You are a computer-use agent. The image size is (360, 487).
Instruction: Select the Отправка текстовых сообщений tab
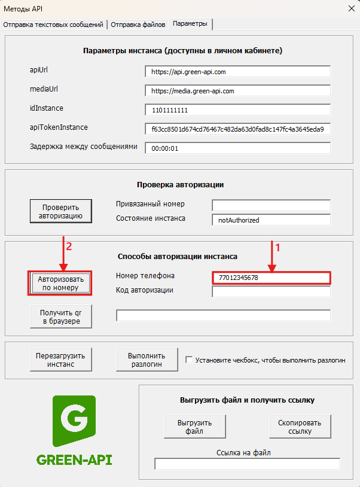tap(54, 24)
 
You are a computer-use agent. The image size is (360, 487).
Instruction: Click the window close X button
tap(350, 9)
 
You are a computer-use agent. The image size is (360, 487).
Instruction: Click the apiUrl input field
tap(237, 72)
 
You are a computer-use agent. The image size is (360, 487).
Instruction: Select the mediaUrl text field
tap(237, 91)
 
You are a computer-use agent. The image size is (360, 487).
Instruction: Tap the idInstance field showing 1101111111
tap(237, 110)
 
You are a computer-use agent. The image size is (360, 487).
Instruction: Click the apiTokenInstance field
tap(237, 129)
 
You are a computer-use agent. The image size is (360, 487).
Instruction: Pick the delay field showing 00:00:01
tap(237, 148)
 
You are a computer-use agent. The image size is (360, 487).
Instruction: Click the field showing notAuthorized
tap(271, 220)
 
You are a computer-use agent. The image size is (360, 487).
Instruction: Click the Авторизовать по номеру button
tap(61, 283)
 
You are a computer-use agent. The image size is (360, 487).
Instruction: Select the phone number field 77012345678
tap(271, 278)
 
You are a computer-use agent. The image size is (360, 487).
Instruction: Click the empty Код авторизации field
tap(271, 292)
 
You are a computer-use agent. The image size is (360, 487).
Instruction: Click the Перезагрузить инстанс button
tap(61, 359)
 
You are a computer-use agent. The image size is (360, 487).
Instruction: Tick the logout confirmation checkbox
tap(189, 360)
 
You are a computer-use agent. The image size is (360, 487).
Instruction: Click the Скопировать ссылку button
tap(300, 427)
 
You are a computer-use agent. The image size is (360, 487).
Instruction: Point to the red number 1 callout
tap(277, 245)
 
